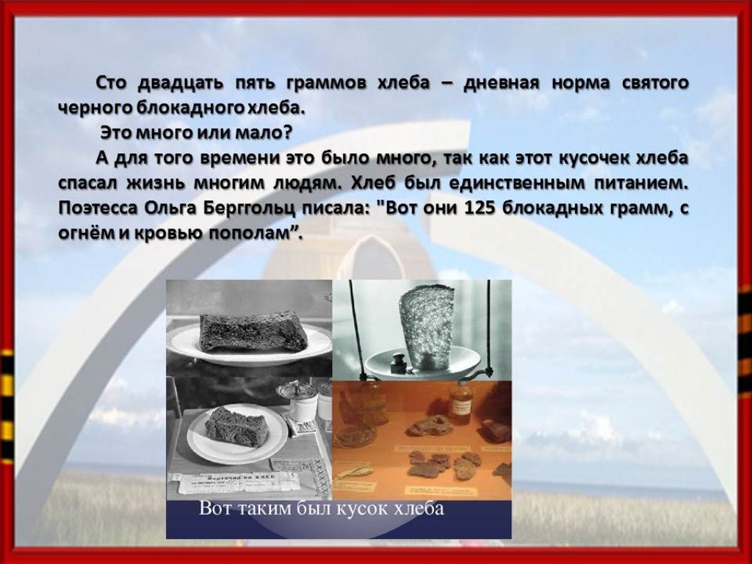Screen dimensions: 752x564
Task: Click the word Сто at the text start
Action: [112, 83]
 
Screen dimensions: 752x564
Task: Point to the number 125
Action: [479, 209]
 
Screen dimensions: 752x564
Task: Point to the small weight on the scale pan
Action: [399, 363]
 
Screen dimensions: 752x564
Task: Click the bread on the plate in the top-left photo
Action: [253, 331]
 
